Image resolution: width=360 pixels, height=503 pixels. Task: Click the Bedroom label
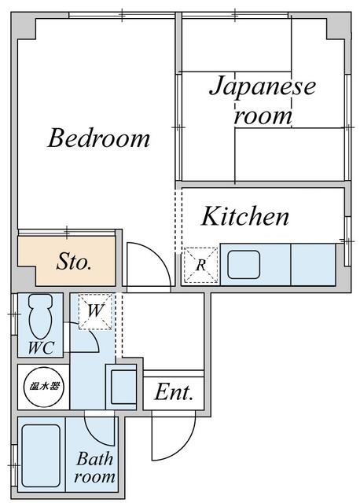coord(99,138)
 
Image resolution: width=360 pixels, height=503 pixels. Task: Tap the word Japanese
coord(263,86)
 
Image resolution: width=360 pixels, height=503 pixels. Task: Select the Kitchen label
coord(245,216)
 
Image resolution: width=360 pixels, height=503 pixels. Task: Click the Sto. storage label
coord(73,262)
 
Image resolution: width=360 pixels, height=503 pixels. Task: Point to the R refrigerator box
coord(201,266)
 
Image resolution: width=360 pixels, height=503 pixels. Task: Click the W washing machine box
coord(95,311)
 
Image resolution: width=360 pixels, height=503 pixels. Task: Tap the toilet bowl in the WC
coord(40,316)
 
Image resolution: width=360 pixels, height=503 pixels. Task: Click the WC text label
coord(41,347)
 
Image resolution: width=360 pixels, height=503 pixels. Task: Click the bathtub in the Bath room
coord(41,456)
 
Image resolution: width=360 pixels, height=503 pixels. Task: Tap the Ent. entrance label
coord(174,392)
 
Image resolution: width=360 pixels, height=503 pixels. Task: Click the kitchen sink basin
coord(244,265)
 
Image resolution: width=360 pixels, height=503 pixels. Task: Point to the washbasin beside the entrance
coord(124,387)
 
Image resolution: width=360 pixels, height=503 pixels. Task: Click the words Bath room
coord(95,467)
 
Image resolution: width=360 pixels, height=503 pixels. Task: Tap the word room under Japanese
coord(263,116)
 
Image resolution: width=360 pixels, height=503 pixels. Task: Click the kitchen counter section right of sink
coord(313,264)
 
